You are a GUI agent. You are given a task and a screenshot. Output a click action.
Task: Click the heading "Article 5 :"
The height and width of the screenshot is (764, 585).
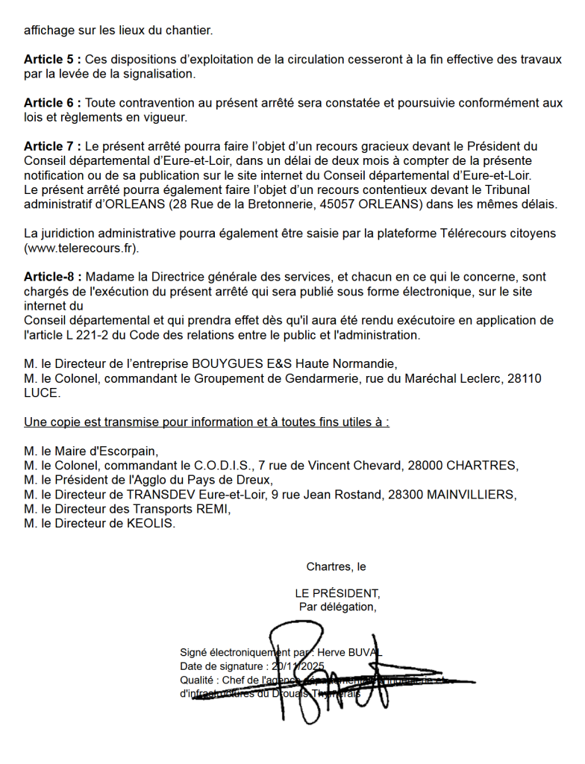52,60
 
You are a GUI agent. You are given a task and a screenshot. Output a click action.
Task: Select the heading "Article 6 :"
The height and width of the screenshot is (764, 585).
52,103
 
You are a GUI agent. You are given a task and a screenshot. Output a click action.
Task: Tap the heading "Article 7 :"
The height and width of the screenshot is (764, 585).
52,146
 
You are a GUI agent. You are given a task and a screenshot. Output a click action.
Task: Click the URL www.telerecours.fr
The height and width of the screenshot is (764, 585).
81,248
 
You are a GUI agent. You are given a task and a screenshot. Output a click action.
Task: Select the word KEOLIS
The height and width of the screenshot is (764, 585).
151,524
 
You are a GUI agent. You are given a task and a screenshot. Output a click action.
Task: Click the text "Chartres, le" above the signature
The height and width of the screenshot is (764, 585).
336,567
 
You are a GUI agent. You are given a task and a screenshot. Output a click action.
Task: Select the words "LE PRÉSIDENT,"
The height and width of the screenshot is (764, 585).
337,593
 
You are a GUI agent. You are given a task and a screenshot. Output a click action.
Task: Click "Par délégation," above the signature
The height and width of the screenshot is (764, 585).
337,607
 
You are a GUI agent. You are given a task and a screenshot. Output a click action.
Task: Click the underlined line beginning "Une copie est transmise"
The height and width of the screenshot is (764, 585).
207,422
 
